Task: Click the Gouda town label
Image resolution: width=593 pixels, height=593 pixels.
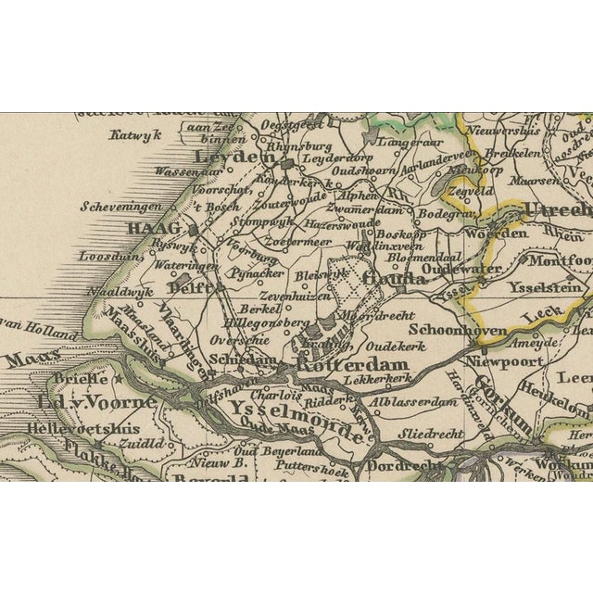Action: pyautogui.click(x=389, y=278)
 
